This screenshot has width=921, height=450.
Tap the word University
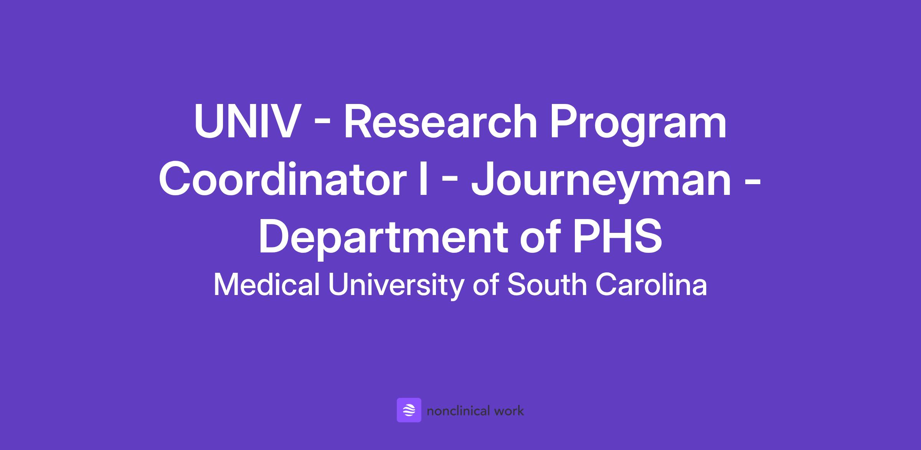[396, 286]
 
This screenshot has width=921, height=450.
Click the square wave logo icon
[409, 410]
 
